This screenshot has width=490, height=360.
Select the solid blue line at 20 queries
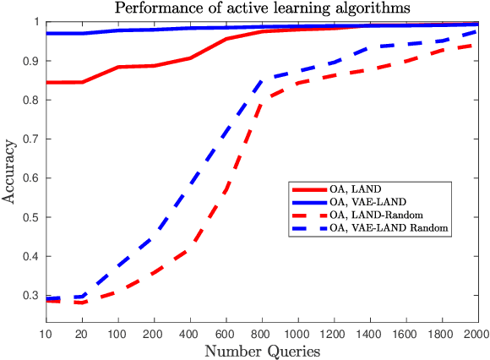(x=83, y=33)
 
